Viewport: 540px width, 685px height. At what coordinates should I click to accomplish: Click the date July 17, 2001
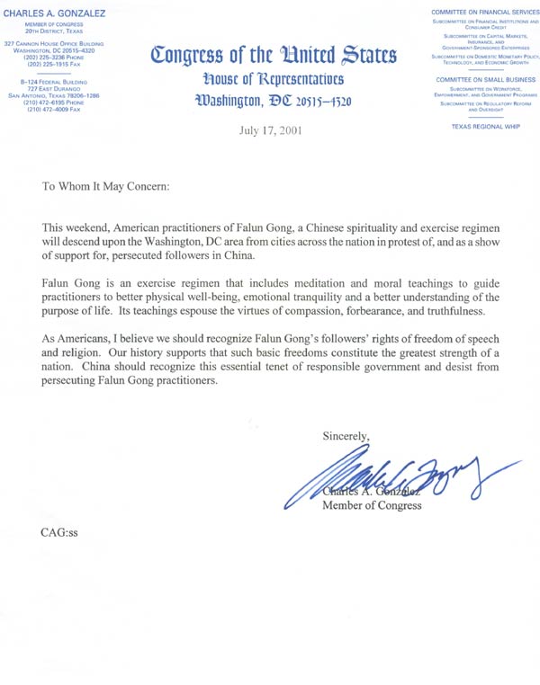[270, 129]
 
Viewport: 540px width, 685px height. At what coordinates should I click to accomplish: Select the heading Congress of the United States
[274, 57]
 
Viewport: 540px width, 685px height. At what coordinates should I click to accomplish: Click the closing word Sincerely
[346, 436]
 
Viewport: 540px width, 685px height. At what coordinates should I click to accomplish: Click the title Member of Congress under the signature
[372, 505]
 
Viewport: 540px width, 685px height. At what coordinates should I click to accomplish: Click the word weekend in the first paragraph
[95, 228]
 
